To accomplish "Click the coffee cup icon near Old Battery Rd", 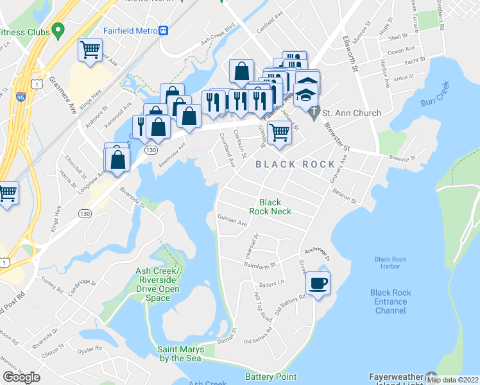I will tap(318, 283).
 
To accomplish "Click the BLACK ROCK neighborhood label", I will tap(295, 164).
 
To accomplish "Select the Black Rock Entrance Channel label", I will tap(390, 302).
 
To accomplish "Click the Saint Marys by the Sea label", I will tap(180, 354).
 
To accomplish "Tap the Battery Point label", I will tap(271, 377).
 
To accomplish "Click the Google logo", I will tap(21, 377).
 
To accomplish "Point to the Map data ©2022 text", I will tap(452, 380).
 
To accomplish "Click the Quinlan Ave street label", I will tap(232, 220).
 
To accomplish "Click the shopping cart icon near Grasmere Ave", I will tap(90, 49).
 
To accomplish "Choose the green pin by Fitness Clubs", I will tap(59, 30).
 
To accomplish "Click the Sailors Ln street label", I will tap(272, 282).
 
